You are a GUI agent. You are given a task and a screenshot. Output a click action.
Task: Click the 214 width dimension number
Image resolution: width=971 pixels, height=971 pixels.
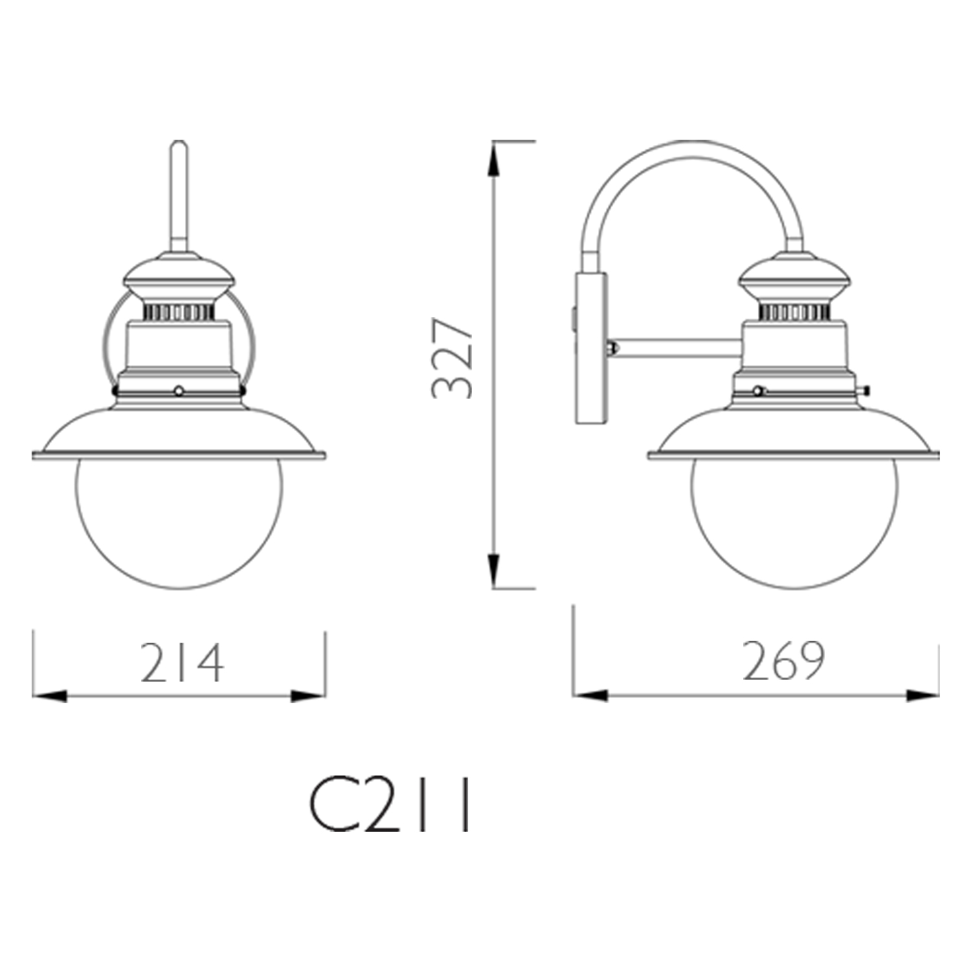coord(182,662)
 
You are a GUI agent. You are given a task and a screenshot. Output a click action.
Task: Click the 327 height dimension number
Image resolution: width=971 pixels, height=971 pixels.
coord(452,357)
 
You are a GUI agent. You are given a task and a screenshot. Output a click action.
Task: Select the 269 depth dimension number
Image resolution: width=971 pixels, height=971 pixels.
coord(783,660)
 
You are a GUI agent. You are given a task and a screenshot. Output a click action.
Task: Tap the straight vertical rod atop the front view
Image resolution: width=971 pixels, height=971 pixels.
coord(179,195)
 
